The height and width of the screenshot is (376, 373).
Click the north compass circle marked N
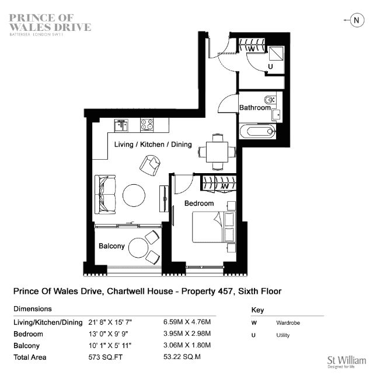[x=357, y=20]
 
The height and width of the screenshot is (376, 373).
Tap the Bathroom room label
[x=255, y=108]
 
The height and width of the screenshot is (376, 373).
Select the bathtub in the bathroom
[x=257, y=131]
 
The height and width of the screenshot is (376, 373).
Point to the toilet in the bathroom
[x=270, y=99]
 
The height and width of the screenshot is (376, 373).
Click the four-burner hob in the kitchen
[x=147, y=125]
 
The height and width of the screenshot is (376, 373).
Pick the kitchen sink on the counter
[x=121, y=125]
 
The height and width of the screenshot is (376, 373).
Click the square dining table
[x=217, y=152]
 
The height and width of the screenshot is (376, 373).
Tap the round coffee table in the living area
[x=134, y=195]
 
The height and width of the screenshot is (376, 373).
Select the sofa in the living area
[x=105, y=195]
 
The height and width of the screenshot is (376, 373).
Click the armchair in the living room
[x=150, y=165]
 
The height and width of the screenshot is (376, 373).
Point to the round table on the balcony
[x=138, y=248]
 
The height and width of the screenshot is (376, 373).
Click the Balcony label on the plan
[x=111, y=246]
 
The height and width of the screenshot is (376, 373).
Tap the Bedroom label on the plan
[x=199, y=203]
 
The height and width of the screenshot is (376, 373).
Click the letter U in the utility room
[x=270, y=66]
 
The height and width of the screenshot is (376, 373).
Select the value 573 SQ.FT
[x=105, y=357]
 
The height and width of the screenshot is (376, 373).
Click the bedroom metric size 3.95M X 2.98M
[x=187, y=333]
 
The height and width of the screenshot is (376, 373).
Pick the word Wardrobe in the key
[x=288, y=323]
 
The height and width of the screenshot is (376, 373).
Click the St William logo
[x=347, y=361]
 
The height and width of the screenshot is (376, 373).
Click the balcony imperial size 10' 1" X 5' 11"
[x=110, y=345]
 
